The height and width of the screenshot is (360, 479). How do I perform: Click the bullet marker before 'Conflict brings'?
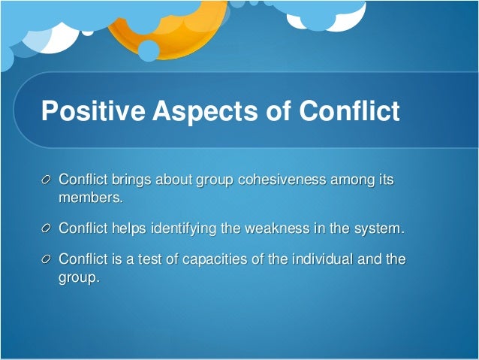tap(47, 181)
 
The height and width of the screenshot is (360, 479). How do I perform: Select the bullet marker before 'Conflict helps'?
tap(47, 228)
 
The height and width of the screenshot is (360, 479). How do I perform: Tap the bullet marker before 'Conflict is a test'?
tap(47, 260)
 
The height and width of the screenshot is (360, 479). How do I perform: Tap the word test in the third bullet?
tap(144, 259)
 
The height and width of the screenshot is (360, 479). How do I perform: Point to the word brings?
tap(131, 181)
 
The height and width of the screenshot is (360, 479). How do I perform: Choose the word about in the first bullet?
tap(173, 180)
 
